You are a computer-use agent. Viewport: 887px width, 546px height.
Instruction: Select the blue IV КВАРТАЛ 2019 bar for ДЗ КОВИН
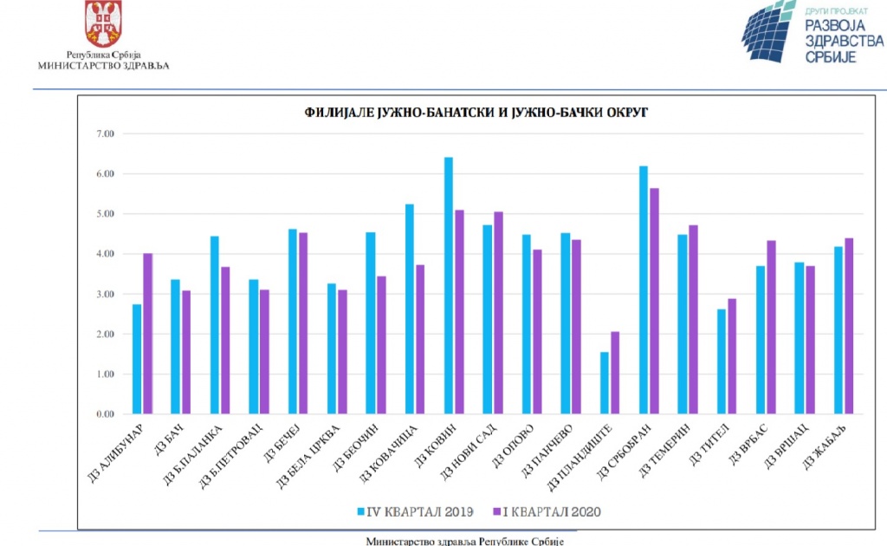[x=448, y=286]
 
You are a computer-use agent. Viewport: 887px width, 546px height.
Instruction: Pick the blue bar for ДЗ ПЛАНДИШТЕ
[x=604, y=382]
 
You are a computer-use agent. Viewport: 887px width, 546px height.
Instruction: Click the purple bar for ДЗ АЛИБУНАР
[x=148, y=334]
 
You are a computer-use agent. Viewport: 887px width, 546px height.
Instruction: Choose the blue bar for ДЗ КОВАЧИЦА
[x=409, y=309]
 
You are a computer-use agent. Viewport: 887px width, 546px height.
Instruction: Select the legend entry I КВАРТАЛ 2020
[x=546, y=511]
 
